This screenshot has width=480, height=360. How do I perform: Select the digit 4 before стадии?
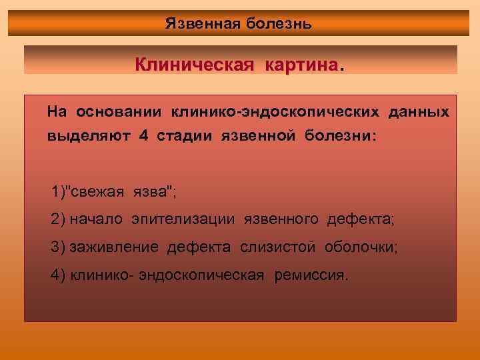[143, 136]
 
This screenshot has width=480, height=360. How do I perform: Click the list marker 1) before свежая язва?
[60, 193]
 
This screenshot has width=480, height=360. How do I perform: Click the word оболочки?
[360, 247]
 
